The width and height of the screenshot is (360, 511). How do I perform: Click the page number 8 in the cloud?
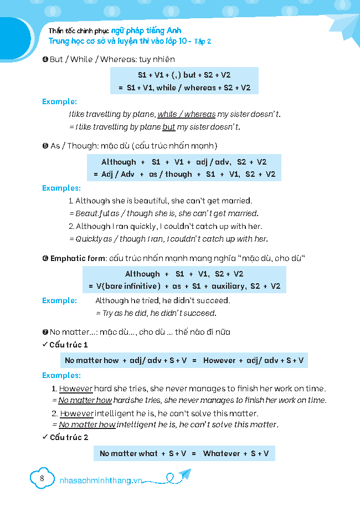[x=42, y=478]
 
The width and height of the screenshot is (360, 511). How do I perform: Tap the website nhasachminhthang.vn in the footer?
[x=100, y=481]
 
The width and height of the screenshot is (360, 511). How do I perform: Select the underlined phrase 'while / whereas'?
[x=187, y=114]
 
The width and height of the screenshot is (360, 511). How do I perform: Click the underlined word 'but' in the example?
[x=168, y=127]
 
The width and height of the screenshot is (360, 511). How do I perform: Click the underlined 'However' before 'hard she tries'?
[x=76, y=389]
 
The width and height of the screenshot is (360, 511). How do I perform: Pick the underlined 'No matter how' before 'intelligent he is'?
[x=87, y=425]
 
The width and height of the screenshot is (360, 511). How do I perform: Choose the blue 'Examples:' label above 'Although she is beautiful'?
[x=61, y=188]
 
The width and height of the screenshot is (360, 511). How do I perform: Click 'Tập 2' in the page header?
[x=203, y=41]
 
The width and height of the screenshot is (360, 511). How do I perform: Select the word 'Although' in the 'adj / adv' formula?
[x=119, y=162]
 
